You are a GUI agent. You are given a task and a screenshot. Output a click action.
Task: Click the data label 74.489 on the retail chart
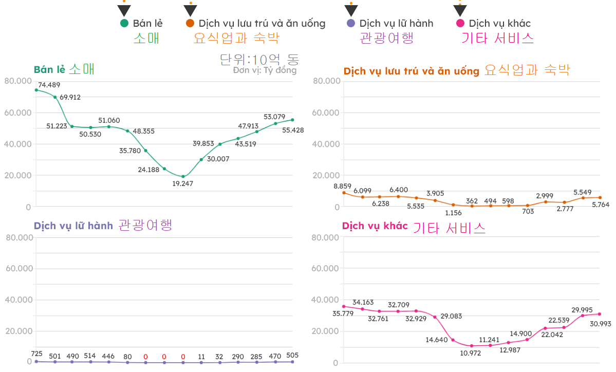pyautogui.click(x=49, y=85)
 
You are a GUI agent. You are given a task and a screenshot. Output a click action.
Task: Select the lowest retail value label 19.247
pyautogui.click(x=183, y=183)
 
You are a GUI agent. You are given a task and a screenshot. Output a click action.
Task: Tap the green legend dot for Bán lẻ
pyautogui.click(x=124, y=23)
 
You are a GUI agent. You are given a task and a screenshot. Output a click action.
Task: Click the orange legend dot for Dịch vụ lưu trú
pyautogui.click(x=190, y=23)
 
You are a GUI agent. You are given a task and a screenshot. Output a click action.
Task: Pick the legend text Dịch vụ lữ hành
pyautogui.click(x=396, y=23)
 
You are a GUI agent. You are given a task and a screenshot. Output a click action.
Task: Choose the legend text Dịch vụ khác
pyautogui.click(x=499, y=23)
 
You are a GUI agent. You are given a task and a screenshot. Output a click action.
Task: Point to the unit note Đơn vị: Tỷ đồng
pyautogui.click(x=265, y=70)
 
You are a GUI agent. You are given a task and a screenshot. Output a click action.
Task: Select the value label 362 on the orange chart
pyautogui.click(x=472, y=201)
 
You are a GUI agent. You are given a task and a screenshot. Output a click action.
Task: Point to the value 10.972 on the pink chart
pyautogui.click(x=471, y=354)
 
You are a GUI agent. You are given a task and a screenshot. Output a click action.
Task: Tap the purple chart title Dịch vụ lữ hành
pyautogui.click(x=73, y=226)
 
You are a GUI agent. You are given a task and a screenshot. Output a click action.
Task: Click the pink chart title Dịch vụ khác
pyautogui.click(x=375, y=226)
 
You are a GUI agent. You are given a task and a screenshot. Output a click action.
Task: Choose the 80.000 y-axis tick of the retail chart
pyautogui.click(x=17, y=81)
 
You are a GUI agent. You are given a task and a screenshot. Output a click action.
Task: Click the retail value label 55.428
pyautogui.click(x=293, y=130)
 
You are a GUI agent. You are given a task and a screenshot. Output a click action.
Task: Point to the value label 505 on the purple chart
pyautogui.click(x=291, y=355)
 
